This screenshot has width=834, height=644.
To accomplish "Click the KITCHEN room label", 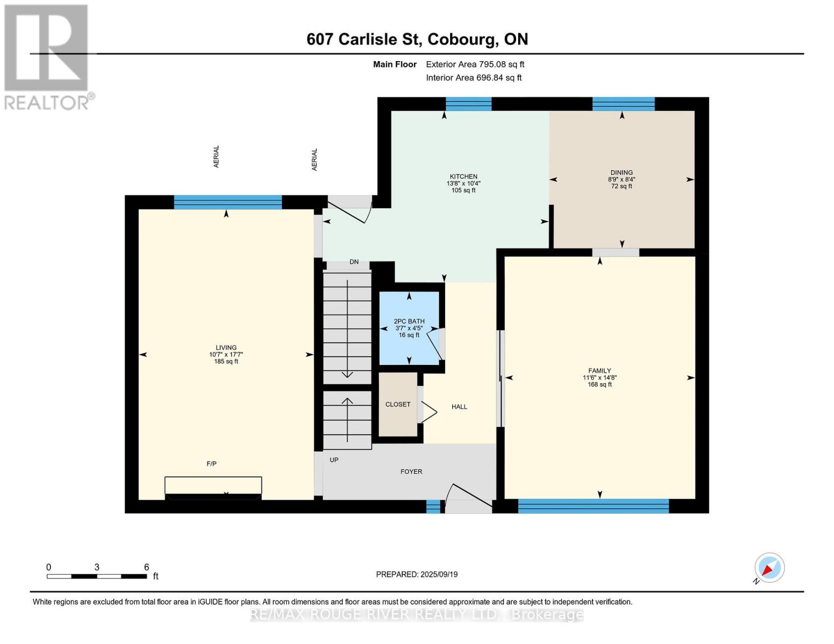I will (x=463, y=177).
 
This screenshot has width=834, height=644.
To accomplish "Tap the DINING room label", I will (x=621, y=173).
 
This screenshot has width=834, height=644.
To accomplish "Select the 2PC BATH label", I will (x=409, y=321).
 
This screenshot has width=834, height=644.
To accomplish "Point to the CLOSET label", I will (x=398, y=405).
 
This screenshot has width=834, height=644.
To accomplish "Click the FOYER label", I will (x=411, y=472).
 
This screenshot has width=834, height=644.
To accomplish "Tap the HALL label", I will (x=459, y=407).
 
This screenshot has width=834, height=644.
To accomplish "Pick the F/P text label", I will (x=212, y=464).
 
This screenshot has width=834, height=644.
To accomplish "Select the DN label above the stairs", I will (x=354, y=262).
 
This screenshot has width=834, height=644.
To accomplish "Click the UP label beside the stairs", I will (x=334, y=460).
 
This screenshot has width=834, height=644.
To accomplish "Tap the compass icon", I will (x=769, y=568).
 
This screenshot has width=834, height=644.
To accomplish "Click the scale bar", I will (x=97, y=576).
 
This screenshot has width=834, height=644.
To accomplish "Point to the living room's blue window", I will (x=228, y=202).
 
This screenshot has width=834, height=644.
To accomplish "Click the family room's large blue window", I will (x=593, y=506).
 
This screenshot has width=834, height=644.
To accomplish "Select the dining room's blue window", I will (x=623, y=104).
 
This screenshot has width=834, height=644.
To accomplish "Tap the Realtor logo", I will (x=47, y=56).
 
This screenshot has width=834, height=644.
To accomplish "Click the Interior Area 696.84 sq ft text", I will (x=474, y=78).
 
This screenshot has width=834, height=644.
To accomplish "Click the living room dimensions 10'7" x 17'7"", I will (x=226, y=355).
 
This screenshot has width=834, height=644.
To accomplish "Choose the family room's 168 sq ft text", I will (x=599, y=385).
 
